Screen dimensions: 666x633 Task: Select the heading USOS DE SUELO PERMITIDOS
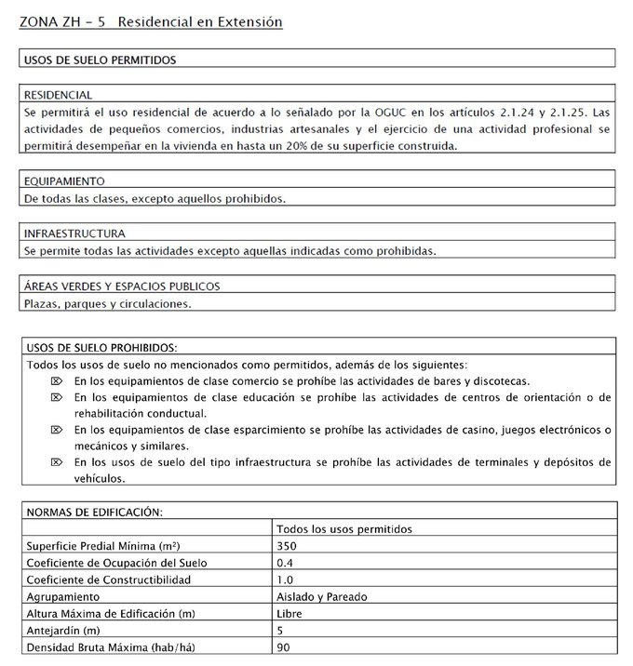pyautogui.click(x=100, y=60)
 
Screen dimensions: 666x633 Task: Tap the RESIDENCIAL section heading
pyautogui.click(x=58, y=95)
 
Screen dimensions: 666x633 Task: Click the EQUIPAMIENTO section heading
pyautogui.click(x=64, y=180)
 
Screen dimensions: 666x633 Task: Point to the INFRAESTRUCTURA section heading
pyautogui.click(x=74, y=233)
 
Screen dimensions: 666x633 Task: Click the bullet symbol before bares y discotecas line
pyautogui.click(x=55, y=380)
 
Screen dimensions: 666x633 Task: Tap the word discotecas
pyautogui.click(x=501, y=380)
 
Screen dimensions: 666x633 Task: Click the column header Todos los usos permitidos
pyautogui.click(x=344, y=528)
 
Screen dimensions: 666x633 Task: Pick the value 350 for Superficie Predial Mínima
pyautogui.click(x=287, y=545)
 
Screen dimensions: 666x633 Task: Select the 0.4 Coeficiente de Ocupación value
pyautogui.click(x=284, y=563)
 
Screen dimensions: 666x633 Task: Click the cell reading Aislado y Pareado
pyautogui.click(x=322, y=596)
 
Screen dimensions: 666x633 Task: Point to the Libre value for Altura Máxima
pyautogui.click(x=290, y=613)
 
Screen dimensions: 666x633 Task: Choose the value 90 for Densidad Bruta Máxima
pyautogui.click(x=283, y=646)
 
